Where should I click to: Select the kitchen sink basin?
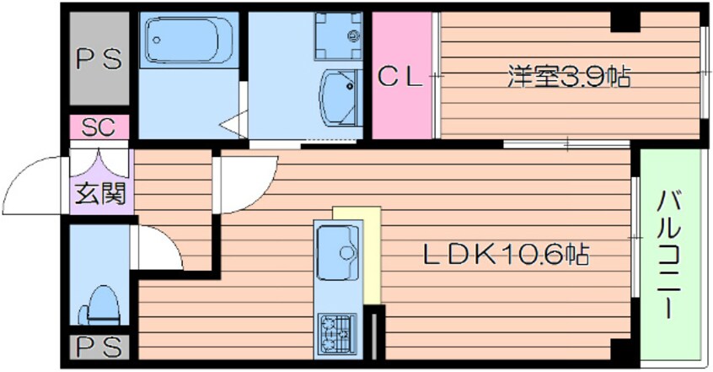tap(338, 252)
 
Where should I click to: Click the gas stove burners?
tap(337, 335)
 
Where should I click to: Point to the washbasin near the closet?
tap(338, 96)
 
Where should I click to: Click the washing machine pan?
tap(337, 35)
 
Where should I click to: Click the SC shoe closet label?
tap(99, 127)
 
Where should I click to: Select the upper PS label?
tap(99, 59)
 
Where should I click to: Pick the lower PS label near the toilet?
tap(99, 347)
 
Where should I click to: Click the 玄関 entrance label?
tap(99, 194)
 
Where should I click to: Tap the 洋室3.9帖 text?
tap(569, 76)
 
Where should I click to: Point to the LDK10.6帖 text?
tap(507, 255)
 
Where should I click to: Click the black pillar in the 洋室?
tap(625, 21)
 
